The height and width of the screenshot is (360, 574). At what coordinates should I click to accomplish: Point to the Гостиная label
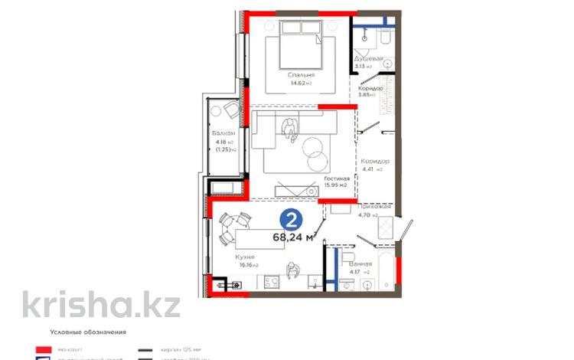click(336, 177)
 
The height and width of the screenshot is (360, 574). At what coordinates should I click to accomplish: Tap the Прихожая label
click(374, 207)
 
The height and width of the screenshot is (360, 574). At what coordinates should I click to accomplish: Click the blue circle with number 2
click(291, 220)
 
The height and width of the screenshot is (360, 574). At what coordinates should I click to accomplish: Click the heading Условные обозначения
click(87, 333)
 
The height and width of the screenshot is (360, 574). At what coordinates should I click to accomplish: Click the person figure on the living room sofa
click(291, 129)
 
